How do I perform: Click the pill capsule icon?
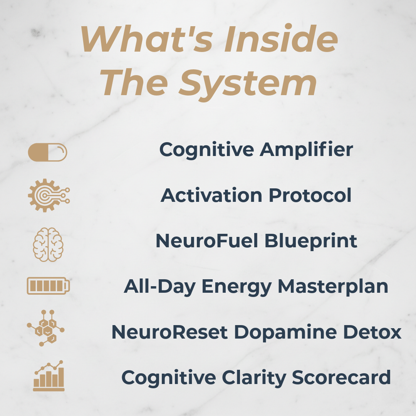point(47,153)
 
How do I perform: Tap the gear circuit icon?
point(48,195)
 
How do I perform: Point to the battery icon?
point(48,286)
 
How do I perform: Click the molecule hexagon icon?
point(46,328)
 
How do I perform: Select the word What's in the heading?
point(144,40)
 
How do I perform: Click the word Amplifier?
point(306,149)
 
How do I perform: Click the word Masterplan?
point(333,287)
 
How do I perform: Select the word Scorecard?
point(341,377)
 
